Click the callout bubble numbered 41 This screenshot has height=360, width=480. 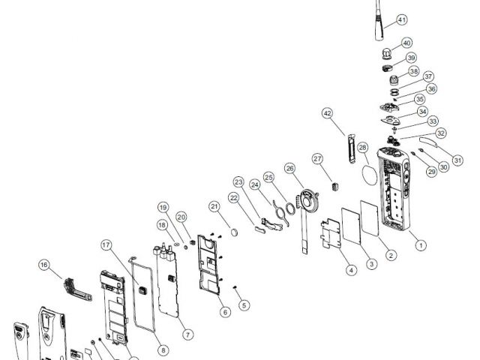pyautogui.click(x=402, y=20)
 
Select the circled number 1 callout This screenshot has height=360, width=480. pyautogui.click(x=421, y=245)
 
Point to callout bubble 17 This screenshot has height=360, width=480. pyautogui.click(x=106, y=245)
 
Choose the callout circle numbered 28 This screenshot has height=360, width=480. pyautogui.click(x=362, y=148)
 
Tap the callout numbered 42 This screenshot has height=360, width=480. pyautogui.click(x=328, y=113)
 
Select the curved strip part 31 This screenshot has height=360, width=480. pyautogui.click(x=429, y=142)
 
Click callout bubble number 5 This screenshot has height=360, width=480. pyautogui.click(x=244, y=305)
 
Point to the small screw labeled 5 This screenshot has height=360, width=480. pyautogui.click(x=235, y=287)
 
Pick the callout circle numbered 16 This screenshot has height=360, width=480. pyautogui.click(x=44, y=265)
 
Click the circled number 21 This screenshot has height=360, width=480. pyautogui.click(x=214, y=207)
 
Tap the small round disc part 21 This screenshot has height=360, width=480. pyautogui.click(x=235, y=232)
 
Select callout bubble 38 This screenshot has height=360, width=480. pyautogui.click(x=414, y=72)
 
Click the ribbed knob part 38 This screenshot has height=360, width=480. pyautogui.click(x=394, y=80)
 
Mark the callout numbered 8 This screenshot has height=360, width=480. pyautogui.click(x=163, y=350)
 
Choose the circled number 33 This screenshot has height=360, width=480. pyautogui.click(x=433, y=121)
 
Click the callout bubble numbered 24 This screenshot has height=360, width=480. pyautogui.click(x=255, y=185)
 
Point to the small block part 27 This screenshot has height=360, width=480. pyautogui.click(x=336, y=186)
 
